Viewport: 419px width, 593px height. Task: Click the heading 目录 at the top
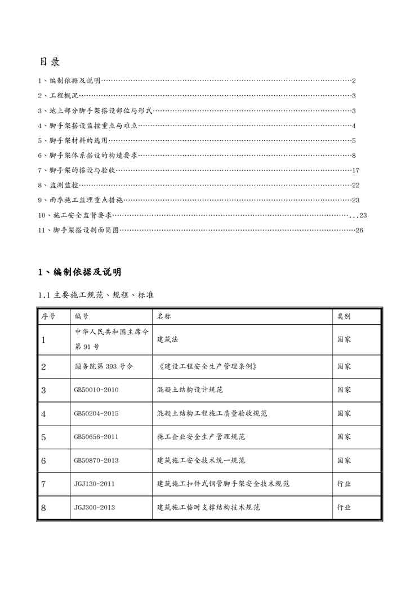pos(50,61)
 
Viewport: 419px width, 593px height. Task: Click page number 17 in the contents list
pos(355,170)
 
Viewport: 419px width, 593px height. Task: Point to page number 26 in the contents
pos(359,230)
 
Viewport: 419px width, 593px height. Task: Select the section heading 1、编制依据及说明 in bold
pos(79,273)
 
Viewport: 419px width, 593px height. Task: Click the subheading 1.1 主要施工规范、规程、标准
pos(96,295)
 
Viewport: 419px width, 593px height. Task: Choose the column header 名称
pos(164,317)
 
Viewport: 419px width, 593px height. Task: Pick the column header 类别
pos(344,317)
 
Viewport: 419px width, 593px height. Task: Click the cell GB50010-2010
pos(96,390)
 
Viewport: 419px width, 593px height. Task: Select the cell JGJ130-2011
pos(94,484)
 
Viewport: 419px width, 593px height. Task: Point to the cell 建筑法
pos(168,339)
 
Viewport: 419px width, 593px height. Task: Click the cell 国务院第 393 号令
pos(104,366)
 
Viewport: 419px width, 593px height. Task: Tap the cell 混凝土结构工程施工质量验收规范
pos(212,413)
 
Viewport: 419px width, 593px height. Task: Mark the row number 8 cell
pos(43,507)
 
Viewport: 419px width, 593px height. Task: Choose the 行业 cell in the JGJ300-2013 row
pos(344,507)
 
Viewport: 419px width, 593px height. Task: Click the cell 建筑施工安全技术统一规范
pos(200,461)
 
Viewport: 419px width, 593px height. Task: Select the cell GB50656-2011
pos(96,436)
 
